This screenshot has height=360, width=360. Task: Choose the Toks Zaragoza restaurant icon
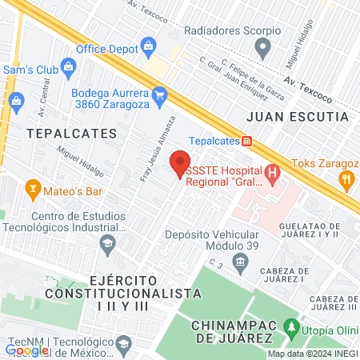tap(346, 180)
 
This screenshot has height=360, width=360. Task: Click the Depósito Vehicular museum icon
tap(238, 261)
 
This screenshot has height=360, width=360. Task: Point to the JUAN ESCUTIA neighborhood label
tap(297, 117)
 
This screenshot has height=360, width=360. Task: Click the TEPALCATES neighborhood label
tap(71, 132)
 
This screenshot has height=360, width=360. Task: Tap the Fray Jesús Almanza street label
tap(158, 149)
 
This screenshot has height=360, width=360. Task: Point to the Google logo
tap(26, 350)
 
